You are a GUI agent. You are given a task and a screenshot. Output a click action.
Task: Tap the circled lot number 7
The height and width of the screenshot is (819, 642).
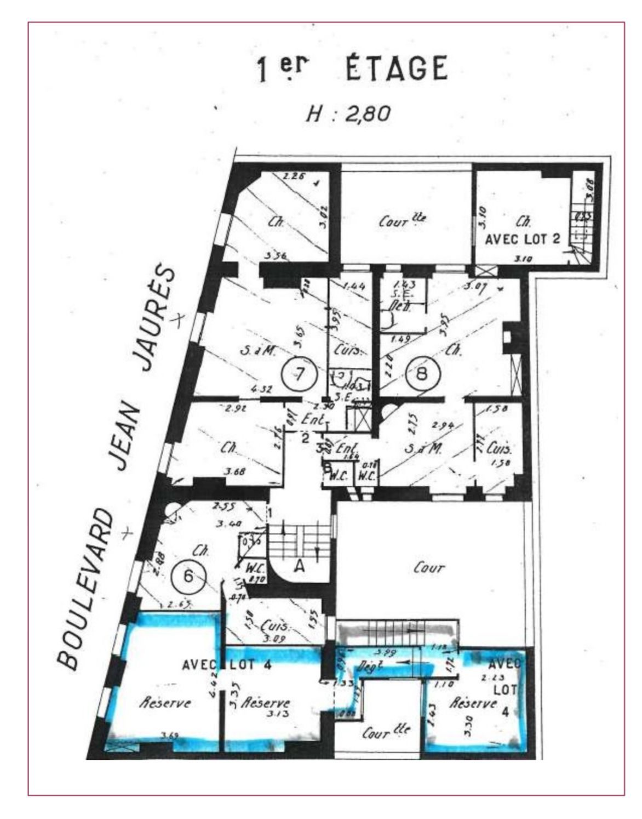(x=299, y=374)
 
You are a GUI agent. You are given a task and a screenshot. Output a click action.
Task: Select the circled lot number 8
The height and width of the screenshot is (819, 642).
(x=421, y=374)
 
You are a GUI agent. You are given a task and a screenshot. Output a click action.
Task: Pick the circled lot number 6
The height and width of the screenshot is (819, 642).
(x=188, y=576)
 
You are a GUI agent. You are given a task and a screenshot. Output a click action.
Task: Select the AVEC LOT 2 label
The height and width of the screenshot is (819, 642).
(x=523, y=240)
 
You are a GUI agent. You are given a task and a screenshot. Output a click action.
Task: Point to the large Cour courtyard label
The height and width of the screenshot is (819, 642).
(x=428, y=568)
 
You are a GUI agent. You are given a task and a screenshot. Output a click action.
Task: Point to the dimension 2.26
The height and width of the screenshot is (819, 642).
(x=294, y=177)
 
